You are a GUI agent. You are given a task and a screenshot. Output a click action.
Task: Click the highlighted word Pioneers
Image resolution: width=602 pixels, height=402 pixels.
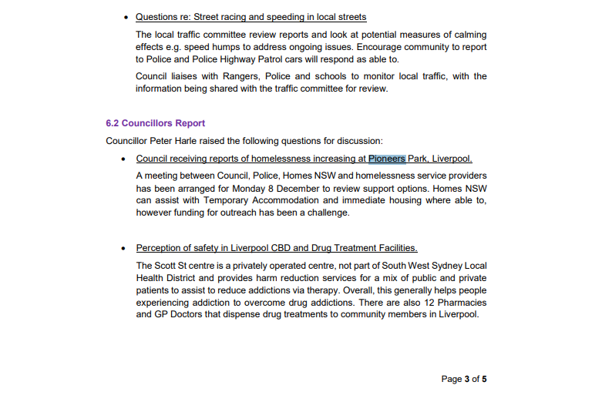(x=386, y=159)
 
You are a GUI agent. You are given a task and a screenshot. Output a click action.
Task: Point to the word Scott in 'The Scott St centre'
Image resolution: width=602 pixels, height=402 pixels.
(x=170, y=266)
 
